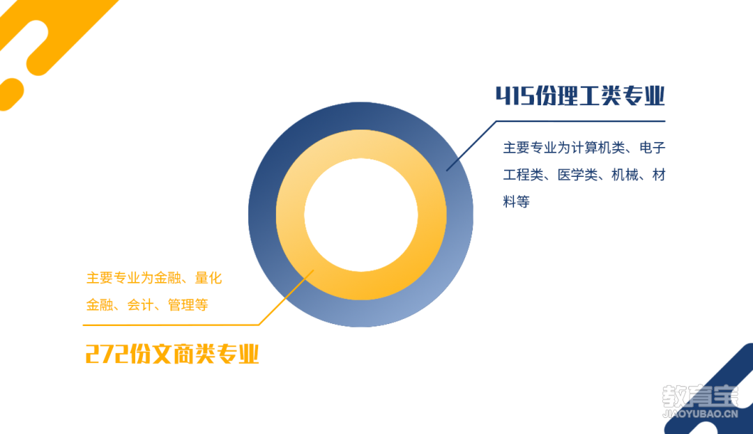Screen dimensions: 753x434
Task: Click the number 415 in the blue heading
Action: tap(515, 95)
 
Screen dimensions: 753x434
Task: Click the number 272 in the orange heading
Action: tap(107, 355)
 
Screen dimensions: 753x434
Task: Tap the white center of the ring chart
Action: tap(361, 215)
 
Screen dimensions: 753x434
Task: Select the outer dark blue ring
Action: tap(262, 215)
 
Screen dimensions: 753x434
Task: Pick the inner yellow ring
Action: tap(290, 215)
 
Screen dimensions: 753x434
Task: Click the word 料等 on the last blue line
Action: tap(516, 202)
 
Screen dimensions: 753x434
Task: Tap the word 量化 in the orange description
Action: tap(208, 278)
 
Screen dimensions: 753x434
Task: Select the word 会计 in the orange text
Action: tap(140, 305)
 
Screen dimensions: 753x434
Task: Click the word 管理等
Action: tap(188, 305)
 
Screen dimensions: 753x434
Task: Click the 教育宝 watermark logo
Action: tap(700, 396)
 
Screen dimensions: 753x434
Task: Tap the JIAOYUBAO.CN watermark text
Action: tap(700, 414)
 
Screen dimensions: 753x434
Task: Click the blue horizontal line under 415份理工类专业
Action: tap(581, 121)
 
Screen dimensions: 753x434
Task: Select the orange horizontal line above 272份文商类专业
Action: tap(171, 325)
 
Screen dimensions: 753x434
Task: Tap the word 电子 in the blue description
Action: tap(653, 148)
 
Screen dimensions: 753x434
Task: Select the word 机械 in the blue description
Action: tap(625, 175)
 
